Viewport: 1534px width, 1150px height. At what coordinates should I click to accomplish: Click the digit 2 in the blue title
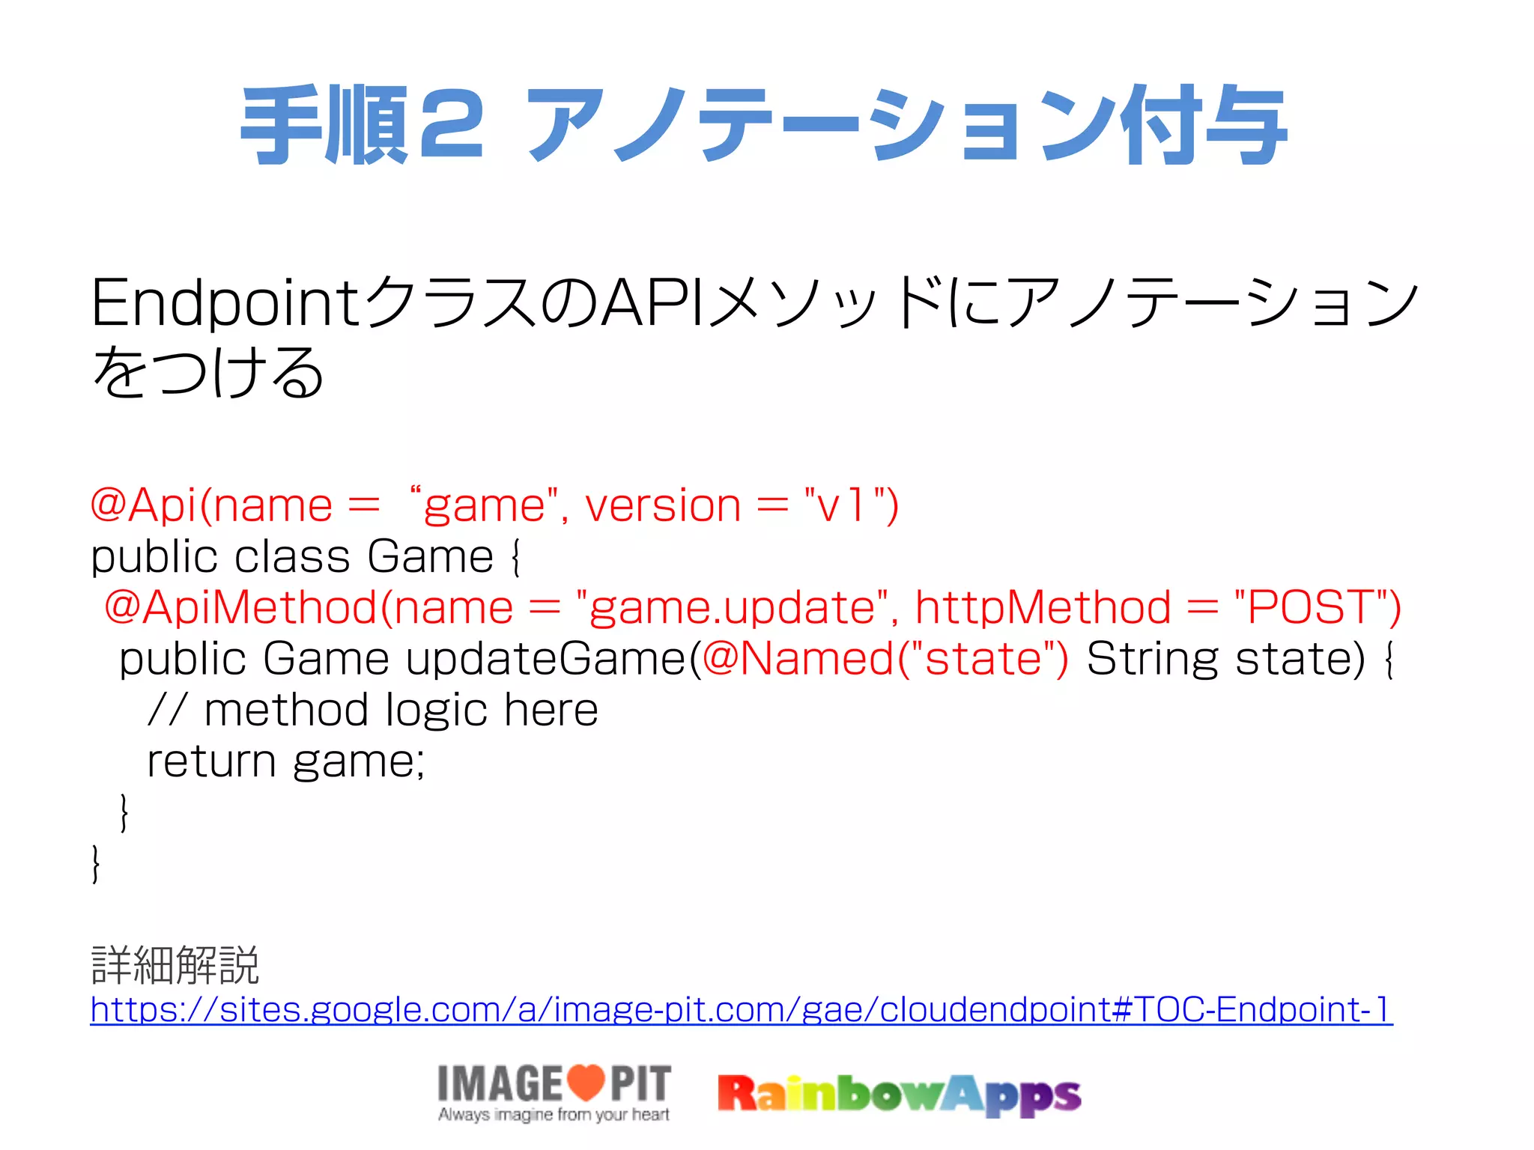(x=452, y=126)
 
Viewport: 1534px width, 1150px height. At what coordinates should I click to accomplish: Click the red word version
(x=663, y=505)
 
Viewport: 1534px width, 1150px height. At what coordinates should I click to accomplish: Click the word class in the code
(x=293, y=557)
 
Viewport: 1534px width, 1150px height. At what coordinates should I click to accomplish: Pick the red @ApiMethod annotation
(x=240, y=607)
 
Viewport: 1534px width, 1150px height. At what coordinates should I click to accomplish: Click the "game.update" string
(x=732, y=607)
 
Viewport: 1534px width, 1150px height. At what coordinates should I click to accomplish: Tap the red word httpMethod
(x=1043, y=607)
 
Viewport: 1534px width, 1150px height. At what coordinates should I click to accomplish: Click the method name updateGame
(x=546, y=659)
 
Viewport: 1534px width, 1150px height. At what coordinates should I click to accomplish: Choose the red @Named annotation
(x=798, y=659)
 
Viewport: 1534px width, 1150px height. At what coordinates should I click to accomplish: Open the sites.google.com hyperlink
(x=741, y=1009)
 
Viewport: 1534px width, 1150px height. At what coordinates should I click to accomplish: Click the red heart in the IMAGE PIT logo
(x=585, y=1081)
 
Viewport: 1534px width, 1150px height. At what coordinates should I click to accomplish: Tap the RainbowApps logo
(x=899, y=1095)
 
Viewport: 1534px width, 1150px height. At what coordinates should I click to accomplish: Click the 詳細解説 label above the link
(x=175, y=965)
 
